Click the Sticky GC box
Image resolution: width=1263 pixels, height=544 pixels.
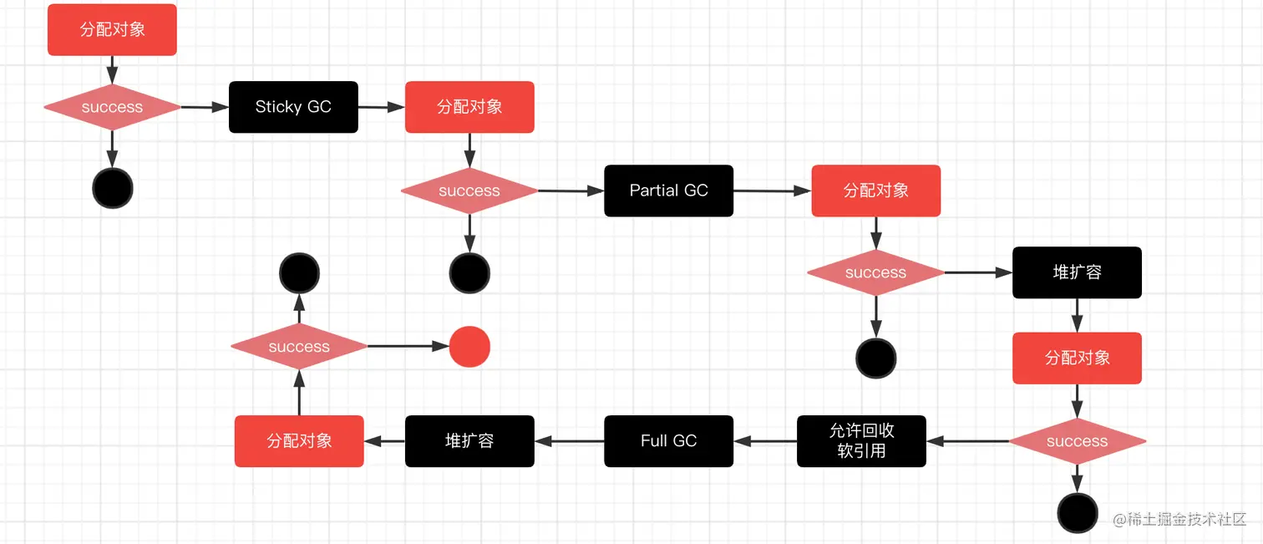pos(293,107)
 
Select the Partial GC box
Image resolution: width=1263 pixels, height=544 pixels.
pos(668,191)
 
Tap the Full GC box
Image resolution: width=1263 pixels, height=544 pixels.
pos(668,440)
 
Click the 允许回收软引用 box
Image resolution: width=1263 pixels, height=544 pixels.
pos(861,440)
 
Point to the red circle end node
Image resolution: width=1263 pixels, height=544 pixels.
pos(469,347)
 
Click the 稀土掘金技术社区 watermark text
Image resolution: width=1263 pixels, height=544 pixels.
pos(1179,519)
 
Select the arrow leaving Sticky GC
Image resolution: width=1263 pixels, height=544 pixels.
pos(382,107)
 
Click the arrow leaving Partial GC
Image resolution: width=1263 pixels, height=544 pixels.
pos(773,191)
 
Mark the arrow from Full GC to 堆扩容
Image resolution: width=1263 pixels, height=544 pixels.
pos(569,440)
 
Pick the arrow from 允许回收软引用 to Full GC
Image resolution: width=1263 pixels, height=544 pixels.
pos(765,440)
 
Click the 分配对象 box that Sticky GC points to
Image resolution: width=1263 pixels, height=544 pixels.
pos(469,107)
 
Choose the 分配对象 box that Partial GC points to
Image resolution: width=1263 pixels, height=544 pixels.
pos(875,191)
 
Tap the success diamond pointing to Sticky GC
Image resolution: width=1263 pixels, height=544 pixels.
pos(112,107)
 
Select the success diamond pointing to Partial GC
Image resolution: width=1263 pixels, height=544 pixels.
pos(469,191)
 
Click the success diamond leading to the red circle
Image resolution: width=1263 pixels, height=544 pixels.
pos(299,347)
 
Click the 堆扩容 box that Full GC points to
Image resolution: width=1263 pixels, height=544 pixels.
pos(469,440)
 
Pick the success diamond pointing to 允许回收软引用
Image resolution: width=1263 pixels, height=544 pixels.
pos(1077,440)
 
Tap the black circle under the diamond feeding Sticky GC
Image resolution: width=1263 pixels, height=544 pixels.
pos(112,188)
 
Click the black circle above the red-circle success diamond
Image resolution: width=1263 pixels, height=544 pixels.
pos(299,272)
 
